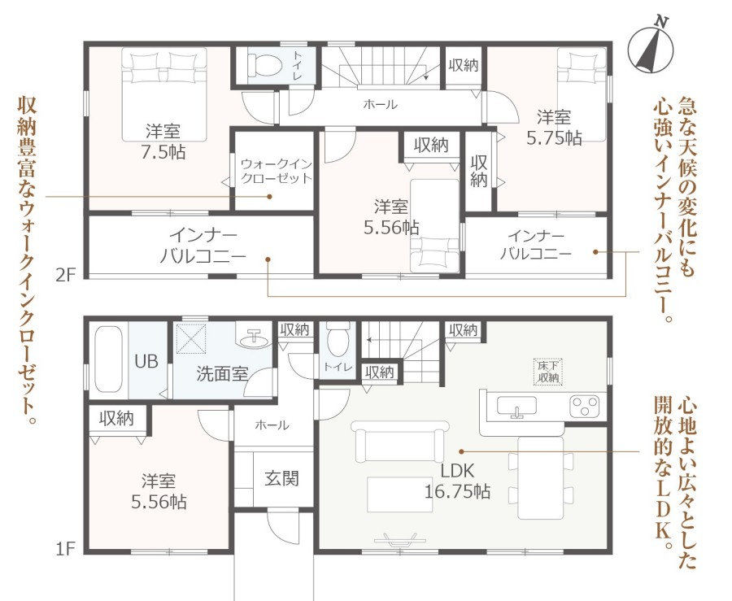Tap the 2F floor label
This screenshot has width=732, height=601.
pos(65,275)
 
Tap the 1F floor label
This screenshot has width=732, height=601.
pos(65,549)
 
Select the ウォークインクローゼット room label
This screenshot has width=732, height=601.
pos(276,171)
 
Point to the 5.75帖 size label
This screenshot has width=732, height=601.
pos(554,137)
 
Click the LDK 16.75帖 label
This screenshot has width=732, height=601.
pos(457,481)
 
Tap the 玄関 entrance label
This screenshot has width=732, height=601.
pos(281,479)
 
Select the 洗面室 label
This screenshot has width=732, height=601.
pos(222,374)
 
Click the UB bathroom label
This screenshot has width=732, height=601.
pos(146,361)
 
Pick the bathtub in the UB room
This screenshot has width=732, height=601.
pos(109,360)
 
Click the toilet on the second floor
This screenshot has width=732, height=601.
pos(264,64)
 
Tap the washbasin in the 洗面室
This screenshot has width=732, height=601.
pos(254,337)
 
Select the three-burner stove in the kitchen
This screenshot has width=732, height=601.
pos(584,406)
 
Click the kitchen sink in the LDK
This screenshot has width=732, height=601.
pos(516,406)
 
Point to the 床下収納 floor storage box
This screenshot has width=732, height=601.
pos(548,372)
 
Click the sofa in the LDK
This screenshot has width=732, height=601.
pos(399,441)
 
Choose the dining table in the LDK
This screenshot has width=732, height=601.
pos(541,478)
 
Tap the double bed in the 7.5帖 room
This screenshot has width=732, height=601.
pos(164,94)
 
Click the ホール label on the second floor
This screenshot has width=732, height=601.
pos(380,105)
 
